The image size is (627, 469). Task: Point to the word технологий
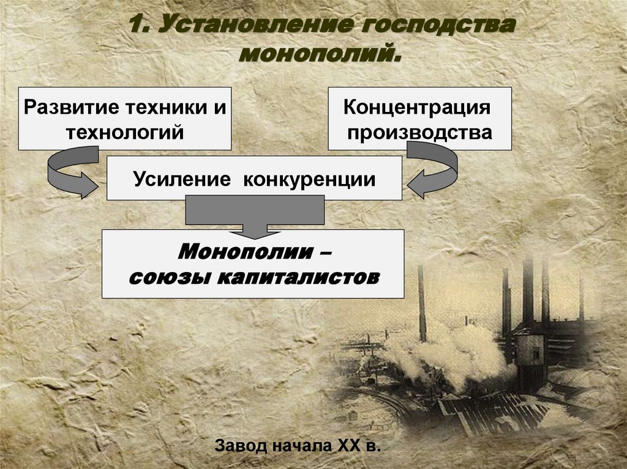click(125, 131)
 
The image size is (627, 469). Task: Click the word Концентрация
click(418, 108)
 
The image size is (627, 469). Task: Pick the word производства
click(419, 132)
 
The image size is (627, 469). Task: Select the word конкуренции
click(310, 179)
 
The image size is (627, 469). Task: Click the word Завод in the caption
click(241, 445)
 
